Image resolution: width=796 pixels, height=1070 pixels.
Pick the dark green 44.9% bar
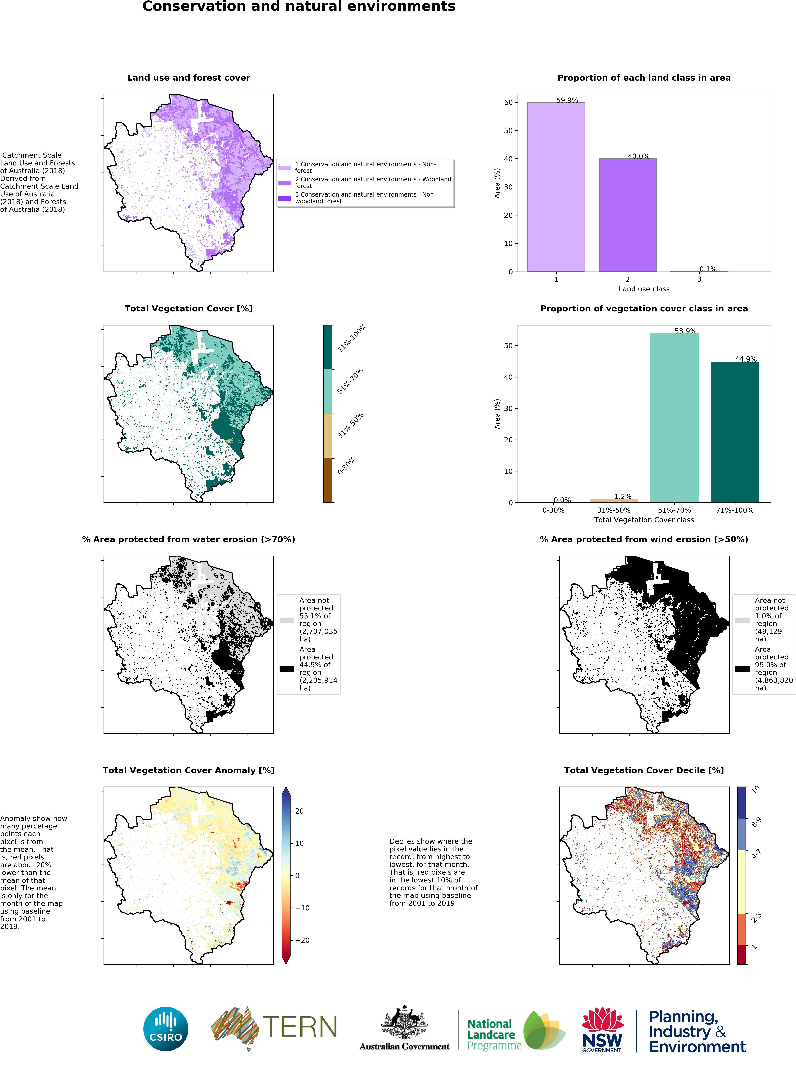(x=735, y=432)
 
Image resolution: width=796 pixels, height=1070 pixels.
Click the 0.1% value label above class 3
(x=708, y=269)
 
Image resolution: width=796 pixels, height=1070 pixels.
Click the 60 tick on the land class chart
(x=508, y=102)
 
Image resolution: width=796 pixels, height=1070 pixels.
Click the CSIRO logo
(x=166, y=1029)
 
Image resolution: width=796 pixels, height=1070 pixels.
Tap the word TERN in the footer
(x=300, y=1027)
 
